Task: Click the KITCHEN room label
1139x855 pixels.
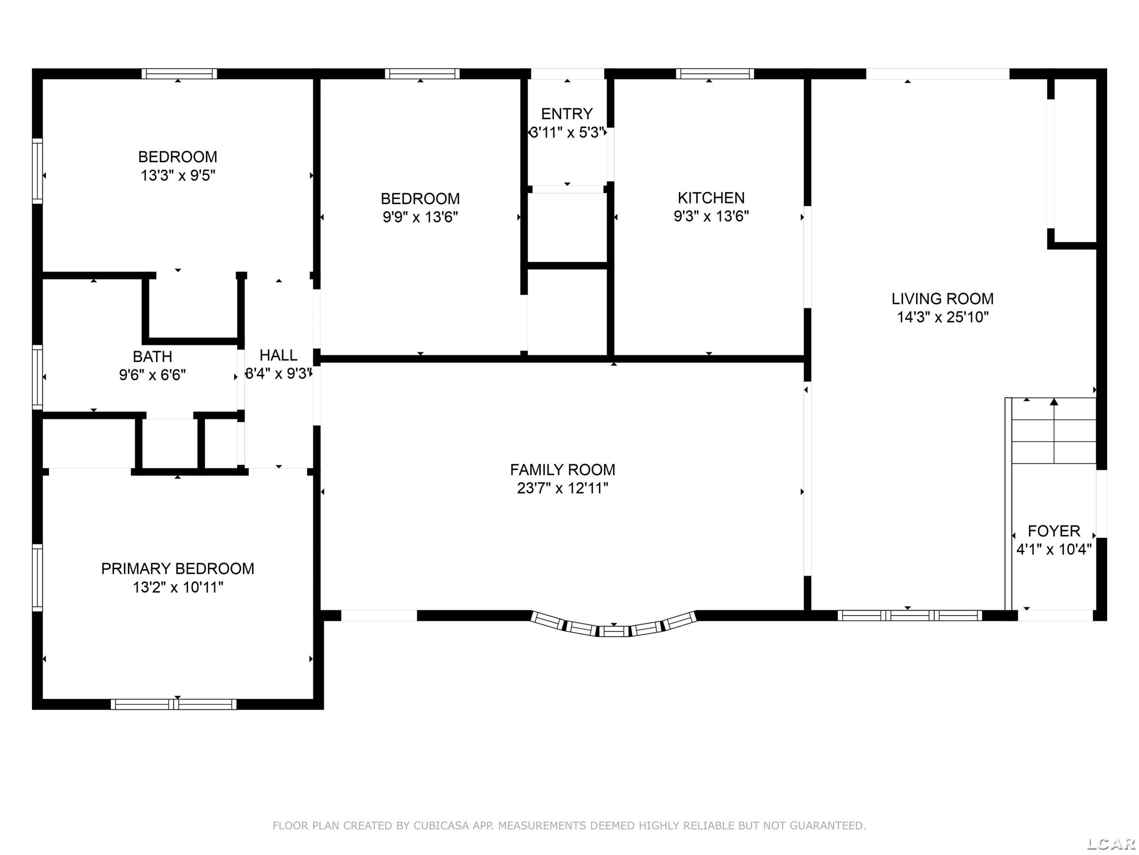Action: coord(711,198)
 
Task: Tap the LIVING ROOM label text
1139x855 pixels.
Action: coord(943,299)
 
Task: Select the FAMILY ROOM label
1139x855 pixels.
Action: coord(563,470)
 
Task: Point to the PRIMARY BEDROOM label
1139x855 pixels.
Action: coord(178,569)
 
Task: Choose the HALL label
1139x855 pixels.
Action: coord(279,355)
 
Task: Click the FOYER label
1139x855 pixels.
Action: coord(1054,531)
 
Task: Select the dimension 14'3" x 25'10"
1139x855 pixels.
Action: coord(943,317)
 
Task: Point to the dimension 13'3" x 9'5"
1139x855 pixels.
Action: coord(178,176)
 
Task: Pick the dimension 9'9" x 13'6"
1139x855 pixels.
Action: coord(420,217)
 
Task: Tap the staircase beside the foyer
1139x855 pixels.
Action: coord(1054,431)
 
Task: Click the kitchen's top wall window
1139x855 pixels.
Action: coord(715,74)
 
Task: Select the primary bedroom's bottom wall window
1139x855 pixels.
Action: coord(174,704)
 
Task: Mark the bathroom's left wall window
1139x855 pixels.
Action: coord(38,377)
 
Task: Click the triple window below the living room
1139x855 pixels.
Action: coord(910,615)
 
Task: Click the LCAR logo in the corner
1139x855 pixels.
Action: coord(1111,844)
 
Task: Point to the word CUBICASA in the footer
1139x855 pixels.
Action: coord(441,826)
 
